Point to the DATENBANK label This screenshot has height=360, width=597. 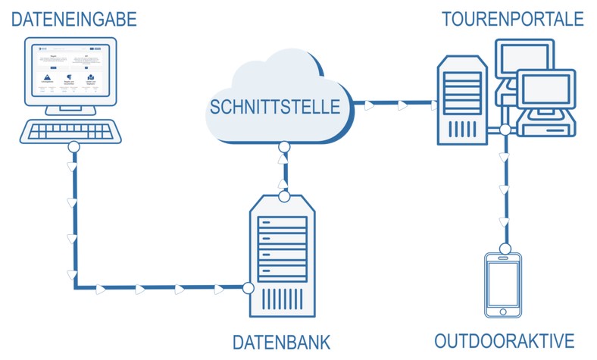pyautogui.click(x=282, y=343)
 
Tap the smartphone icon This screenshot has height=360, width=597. pyautogui.click(x=503, y=285)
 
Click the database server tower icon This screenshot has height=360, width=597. pyautogui.click(x=284, y=258)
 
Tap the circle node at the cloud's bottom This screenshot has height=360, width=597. pyautogui.click(x=284, y=147)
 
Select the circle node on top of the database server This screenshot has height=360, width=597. pyautogui.click(x=284, y=197)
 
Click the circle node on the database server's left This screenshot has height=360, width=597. pyautogui.click(x=248, y=288)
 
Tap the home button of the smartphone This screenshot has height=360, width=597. pyautogui.click(x=503, y=311)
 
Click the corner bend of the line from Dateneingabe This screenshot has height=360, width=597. pyautogui.click(x=74, y=288)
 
